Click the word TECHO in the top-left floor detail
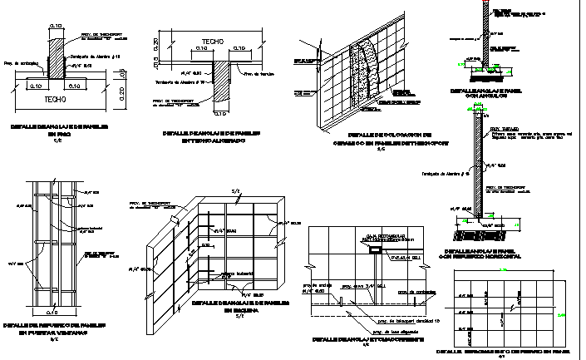click(x=55, y=98)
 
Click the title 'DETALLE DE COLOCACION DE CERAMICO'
click(x=381, y=138)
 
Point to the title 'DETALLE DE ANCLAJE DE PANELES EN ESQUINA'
click(x=239, y=307)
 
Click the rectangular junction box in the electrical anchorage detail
click(x=376, y=249)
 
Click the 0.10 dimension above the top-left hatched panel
click(x=56, y=27)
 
